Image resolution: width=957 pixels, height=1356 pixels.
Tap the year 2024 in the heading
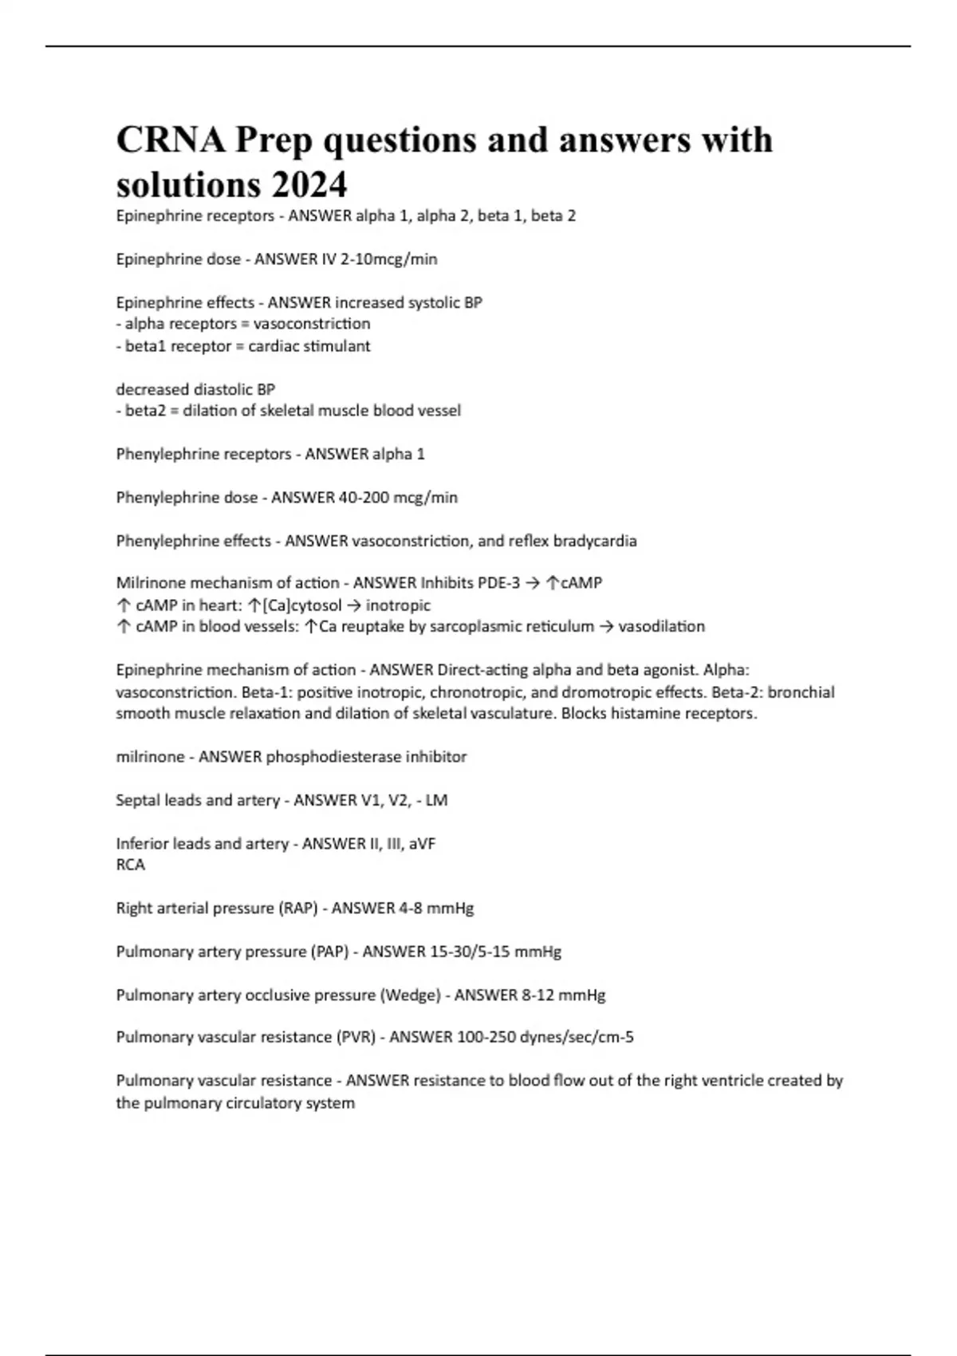click(309, 185)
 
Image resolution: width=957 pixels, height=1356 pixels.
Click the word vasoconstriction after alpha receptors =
click(312, 324)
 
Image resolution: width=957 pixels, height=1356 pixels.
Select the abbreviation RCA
click(131, 865)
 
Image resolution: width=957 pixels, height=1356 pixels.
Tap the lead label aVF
click(422, 844)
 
